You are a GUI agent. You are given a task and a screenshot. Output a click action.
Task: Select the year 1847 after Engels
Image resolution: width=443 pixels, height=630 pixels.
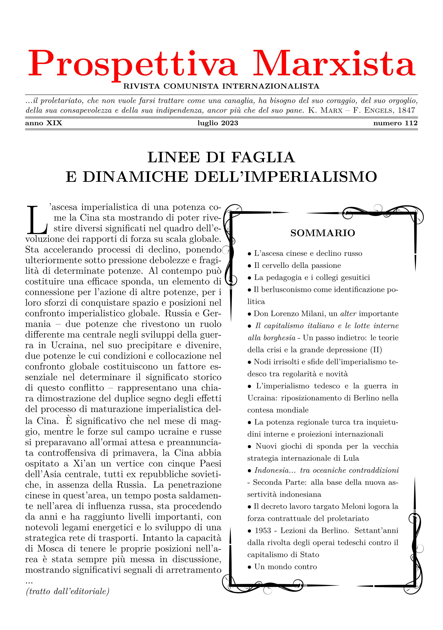[407, 111]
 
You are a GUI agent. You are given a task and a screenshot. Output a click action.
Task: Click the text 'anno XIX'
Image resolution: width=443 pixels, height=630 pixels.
[44, 123]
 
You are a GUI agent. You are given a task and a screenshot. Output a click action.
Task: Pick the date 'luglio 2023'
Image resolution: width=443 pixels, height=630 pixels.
[218, 123]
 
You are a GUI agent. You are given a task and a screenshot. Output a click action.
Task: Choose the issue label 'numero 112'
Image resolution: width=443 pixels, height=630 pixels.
[395, 123]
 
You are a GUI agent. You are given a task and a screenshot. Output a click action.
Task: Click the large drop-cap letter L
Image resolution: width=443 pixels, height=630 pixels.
[37, 220]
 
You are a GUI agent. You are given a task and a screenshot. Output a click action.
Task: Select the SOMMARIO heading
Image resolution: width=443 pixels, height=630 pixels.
[323, 233]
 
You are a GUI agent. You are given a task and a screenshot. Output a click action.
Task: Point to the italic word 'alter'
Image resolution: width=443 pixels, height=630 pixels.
[348, 314]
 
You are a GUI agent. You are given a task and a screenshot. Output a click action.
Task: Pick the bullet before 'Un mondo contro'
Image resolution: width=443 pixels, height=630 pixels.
[250, 567]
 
